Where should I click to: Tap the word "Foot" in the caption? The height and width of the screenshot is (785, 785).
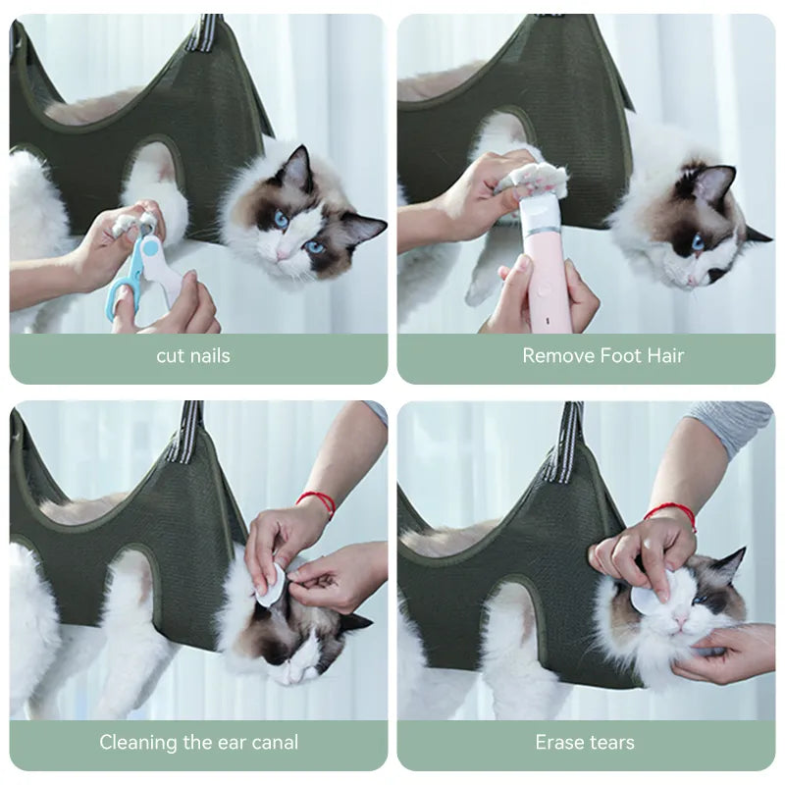pyautogui.click(x=620, y=355)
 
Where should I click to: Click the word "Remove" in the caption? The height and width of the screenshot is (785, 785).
pyautogui.click(x=558, y=355)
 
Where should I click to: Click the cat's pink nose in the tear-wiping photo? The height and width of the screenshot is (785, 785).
pyautogui.click(x=680, y=618)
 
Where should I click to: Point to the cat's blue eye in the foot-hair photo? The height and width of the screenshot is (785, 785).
pyautogui.click(x=698, y=242)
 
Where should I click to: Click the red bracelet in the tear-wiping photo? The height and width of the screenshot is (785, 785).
pyautogui.click(x=671, y=514)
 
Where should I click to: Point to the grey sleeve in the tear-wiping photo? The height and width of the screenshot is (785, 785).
pyautogui.click(x=732, y=427)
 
